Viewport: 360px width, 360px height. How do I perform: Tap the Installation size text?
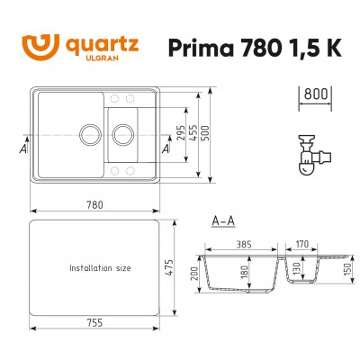click(x=100, y=268)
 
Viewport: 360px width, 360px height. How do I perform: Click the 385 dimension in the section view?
click(x=244, y=243)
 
